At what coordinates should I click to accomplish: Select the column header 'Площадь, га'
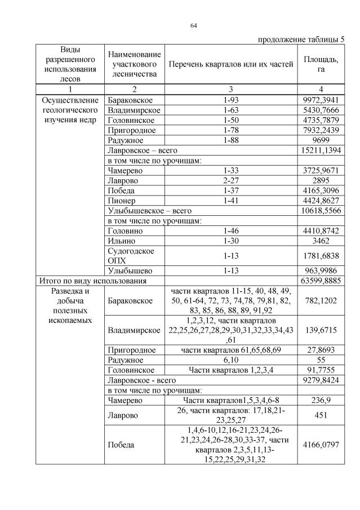321,64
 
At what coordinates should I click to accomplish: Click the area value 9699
321,140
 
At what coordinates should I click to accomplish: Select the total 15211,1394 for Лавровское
321,150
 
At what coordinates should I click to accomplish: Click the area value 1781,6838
321,256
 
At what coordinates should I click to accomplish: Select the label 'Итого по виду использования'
93,280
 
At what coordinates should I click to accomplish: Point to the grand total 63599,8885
321,280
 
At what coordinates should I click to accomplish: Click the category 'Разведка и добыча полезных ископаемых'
71,305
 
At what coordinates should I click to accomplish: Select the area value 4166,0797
321,445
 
